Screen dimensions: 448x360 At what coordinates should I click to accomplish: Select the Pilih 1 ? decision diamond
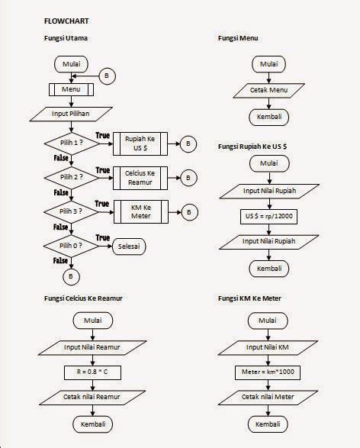coord(70,143)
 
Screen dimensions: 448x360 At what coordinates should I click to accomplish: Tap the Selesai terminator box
coord(130,247)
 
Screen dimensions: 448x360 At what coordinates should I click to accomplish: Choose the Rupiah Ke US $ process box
coord(140,143)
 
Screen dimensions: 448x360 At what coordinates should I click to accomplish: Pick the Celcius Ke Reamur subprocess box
coord(140,178)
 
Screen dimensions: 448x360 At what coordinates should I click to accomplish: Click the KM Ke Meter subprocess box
coord(140,211)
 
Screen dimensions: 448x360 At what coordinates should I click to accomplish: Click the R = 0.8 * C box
coord(92,372)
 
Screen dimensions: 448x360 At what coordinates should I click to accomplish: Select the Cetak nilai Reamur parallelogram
coord(92,398)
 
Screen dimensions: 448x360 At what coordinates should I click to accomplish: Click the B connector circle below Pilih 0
coord(70,275)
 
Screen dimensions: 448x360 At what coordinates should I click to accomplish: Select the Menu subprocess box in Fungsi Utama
coord(70,89)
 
